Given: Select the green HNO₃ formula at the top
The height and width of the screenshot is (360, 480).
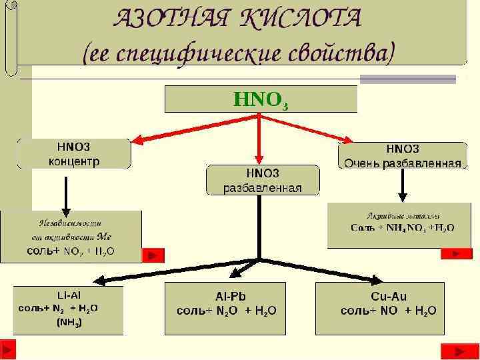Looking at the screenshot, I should [x=261, y=101].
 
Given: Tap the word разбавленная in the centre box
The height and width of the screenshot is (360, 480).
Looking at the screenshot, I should [x=262, y=188].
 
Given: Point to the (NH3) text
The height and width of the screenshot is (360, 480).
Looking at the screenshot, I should [x=69, y=322].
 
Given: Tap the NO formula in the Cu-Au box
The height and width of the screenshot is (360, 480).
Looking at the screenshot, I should [x=390, y=310].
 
